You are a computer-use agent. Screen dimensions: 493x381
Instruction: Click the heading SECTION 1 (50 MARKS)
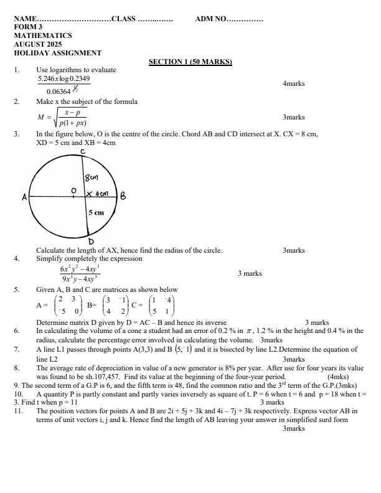pos(190,62)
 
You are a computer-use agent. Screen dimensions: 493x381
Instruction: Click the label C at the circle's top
pos(82,151)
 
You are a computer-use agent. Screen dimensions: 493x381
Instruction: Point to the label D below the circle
pos(91,242)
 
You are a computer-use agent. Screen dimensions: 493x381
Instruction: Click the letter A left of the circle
pos(26,197)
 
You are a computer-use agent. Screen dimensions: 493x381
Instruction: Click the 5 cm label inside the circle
pos(95,212)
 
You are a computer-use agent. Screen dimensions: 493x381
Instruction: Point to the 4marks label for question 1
pos(293,83)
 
